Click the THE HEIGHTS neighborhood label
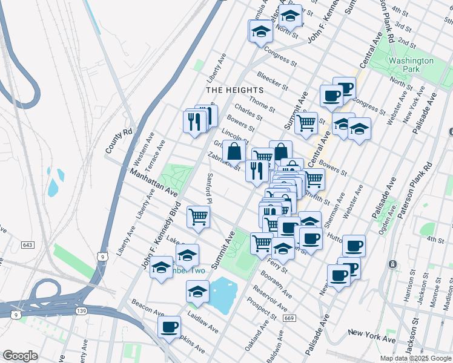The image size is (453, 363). (x=234, y=90)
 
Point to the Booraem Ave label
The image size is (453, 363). (x=276, y=284)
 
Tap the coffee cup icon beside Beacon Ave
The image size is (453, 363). (x=169, y=327)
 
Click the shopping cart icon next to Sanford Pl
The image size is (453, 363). (x=199, y=216)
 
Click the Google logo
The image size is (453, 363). (x=21, y=355)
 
